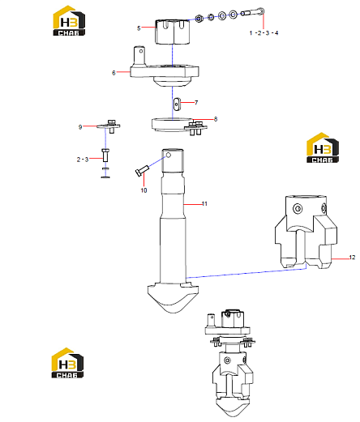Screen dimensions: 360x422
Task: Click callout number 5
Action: point(139,28)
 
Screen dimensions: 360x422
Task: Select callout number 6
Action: point(114,73)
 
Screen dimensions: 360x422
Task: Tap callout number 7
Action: point(196,103)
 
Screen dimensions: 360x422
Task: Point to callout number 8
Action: point(216,119)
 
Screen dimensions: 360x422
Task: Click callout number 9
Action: point(80,127)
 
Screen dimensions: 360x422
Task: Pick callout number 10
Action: point(144,190)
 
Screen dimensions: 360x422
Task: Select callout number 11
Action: point(204,204)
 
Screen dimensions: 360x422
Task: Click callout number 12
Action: point(352,258)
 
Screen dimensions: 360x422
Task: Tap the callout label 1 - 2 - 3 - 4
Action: point(264,33)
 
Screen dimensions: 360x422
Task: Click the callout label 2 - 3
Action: point(83,160)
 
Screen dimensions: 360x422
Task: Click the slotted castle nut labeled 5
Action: point(172,32)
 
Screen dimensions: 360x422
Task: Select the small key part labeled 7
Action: point(177,104)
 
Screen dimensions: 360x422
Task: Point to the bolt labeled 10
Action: point(142,170)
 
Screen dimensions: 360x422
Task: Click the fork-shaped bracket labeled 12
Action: point(306,232)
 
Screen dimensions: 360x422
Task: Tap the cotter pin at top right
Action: point(253,12)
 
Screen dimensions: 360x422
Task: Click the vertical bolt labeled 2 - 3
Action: point(105,156)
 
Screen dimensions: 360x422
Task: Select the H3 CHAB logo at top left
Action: point(69,21)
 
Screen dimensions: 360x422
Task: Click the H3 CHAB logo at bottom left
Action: point(67,363)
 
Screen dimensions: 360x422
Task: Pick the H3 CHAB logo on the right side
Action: point(323,147)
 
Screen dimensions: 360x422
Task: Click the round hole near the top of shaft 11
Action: point(169,155)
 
